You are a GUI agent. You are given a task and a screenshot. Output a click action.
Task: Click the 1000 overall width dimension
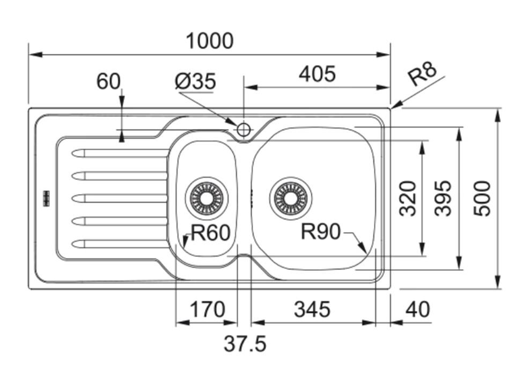pyautogui.click(x=210, y=41)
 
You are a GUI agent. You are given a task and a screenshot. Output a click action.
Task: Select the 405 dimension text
pyautogui.click(x=317, y=74)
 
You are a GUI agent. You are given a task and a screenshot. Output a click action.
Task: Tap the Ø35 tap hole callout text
pyautogui.click(x=196, y=81)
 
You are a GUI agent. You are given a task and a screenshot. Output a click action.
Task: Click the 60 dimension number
pyautogui.click(x=108, y=81)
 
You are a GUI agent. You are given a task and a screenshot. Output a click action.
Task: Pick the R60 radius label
pyautogui.click(x=210, y=233)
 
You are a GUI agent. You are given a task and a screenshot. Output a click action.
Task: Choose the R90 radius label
pyautogui.click(x=321, y=232)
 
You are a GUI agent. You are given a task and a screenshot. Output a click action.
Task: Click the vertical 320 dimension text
pyautogui.click(x=408, y=198)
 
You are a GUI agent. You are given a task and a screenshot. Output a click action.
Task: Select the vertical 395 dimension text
pyautogui.click(x=443, y=198)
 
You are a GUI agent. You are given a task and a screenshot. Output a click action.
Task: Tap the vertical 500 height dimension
pyautogui.click(x=482, y=198)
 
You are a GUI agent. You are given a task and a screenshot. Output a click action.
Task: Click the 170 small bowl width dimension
pyautogui.click(x=207, y=309)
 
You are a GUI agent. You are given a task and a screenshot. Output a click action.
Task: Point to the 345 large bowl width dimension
pyautogui.click(x=312, y=309)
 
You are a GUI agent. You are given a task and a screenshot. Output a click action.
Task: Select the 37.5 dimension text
pyautogui.click(x=245, y=344)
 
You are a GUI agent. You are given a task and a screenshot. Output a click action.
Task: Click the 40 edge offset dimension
pyautogui.click(x=418, y=309)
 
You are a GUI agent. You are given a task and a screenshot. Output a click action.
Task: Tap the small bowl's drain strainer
pyautogui.click(x=207, y=198)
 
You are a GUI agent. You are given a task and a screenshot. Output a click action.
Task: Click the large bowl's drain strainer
pyautogui.click(x=291, y=198)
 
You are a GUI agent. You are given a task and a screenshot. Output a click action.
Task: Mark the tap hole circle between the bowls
pyautogui.click(x=244, y=130)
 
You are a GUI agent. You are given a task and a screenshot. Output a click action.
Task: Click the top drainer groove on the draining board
pyautogui.click(x=119, y=153)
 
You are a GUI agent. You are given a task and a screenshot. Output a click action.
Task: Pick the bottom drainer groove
pyautogui.click(x=119, y=244)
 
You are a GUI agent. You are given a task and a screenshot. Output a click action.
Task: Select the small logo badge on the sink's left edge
pyautogui.click(x=47, y=198)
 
